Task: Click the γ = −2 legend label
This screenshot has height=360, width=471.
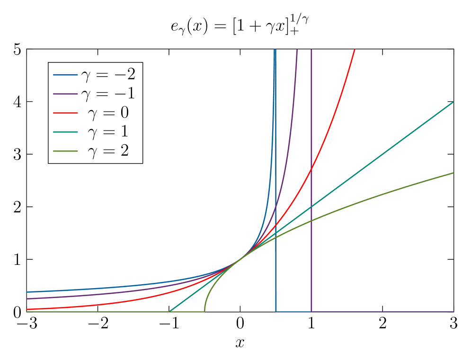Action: pos(108,74)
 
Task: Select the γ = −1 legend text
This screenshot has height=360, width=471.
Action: pos(108,94)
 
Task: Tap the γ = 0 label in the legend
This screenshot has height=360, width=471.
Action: pos(108,113)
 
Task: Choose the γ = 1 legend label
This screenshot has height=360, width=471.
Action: pos(108,132)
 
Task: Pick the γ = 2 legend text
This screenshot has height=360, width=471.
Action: pos(108,151)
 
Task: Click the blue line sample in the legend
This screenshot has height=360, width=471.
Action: pos(65,75)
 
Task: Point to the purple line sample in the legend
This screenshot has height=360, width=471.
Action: pos(65,94)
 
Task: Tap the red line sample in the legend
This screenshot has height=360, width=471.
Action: pos(65,113)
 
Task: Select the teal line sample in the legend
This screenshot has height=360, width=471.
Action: pos(65,132)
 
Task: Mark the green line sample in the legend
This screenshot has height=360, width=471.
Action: pos(65,151)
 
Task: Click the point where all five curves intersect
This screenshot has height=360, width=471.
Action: pos(243,257)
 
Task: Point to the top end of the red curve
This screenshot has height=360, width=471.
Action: pos(355,50)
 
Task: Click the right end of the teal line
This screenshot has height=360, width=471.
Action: pos(453,102)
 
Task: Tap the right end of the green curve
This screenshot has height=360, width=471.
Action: pos(453,173)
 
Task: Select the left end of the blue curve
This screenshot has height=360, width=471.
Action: pos(27,292)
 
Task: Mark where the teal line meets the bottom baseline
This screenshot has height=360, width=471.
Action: pos(169,311)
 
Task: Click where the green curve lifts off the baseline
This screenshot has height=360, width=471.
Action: pos(204,311)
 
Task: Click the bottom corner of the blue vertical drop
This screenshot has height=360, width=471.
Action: pos(276,311)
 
